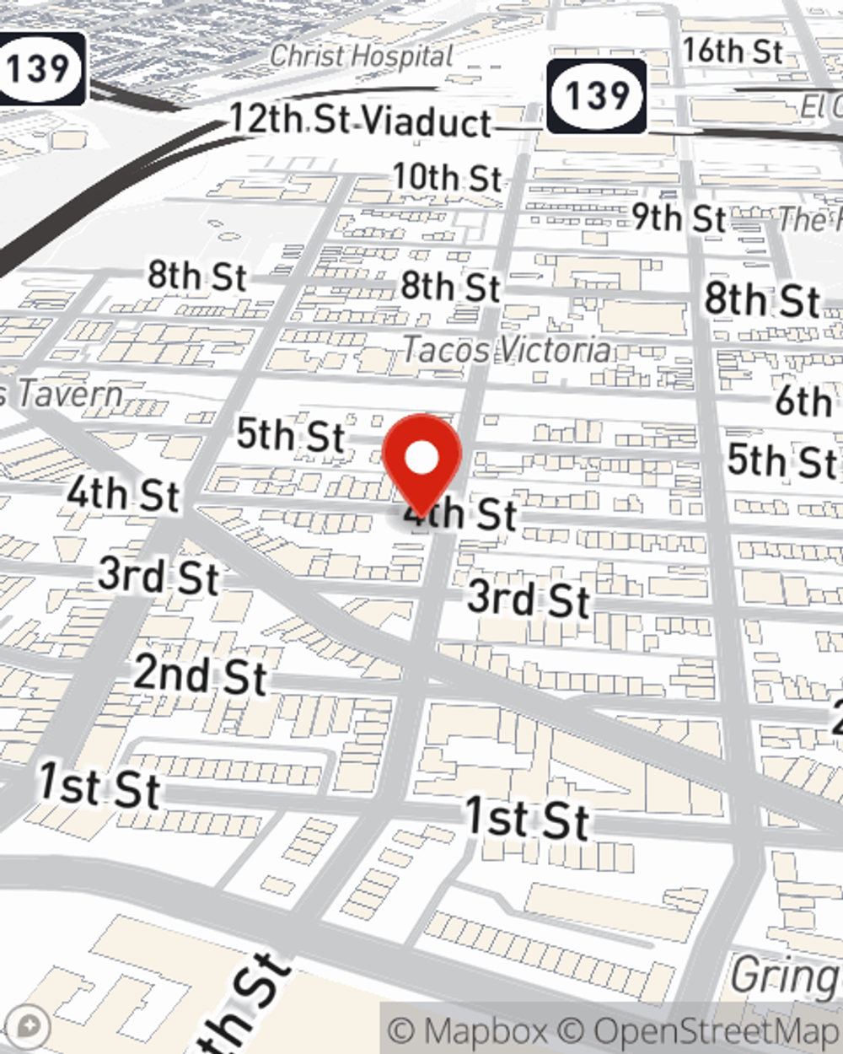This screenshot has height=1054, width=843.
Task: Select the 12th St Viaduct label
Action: [x=360, y=121]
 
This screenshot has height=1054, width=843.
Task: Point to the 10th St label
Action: [x=448, y=178]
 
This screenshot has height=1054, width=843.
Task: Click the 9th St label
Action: [x=679, y=218]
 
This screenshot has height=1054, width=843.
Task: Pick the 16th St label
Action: [x=733, y=51]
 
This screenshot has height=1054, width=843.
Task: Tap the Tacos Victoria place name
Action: [x=507, y=349]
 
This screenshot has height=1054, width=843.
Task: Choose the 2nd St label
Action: [x=200, y=675]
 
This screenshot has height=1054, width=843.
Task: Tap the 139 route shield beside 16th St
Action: [x=597, y=95]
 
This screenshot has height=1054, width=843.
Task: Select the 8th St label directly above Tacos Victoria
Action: [x=450, y=288]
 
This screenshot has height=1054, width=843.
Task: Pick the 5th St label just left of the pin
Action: [x=290, y=435]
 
